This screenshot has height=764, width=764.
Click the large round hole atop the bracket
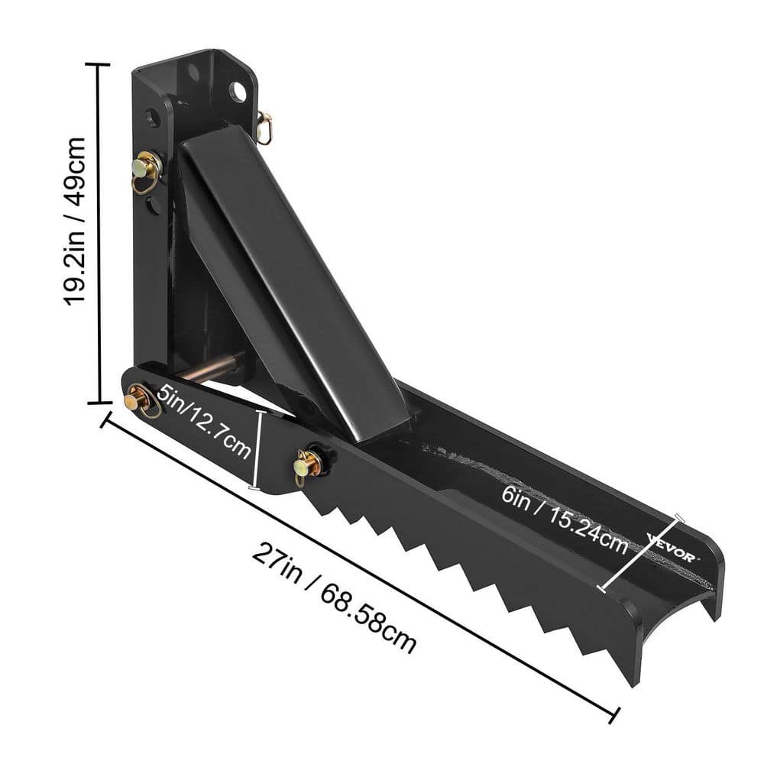(x=240, y=92)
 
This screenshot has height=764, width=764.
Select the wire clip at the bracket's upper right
(x=265, y=127)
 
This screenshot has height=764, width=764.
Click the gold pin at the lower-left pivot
(x=138, y=399)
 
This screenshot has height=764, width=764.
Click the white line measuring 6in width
(x=640, y=554)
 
